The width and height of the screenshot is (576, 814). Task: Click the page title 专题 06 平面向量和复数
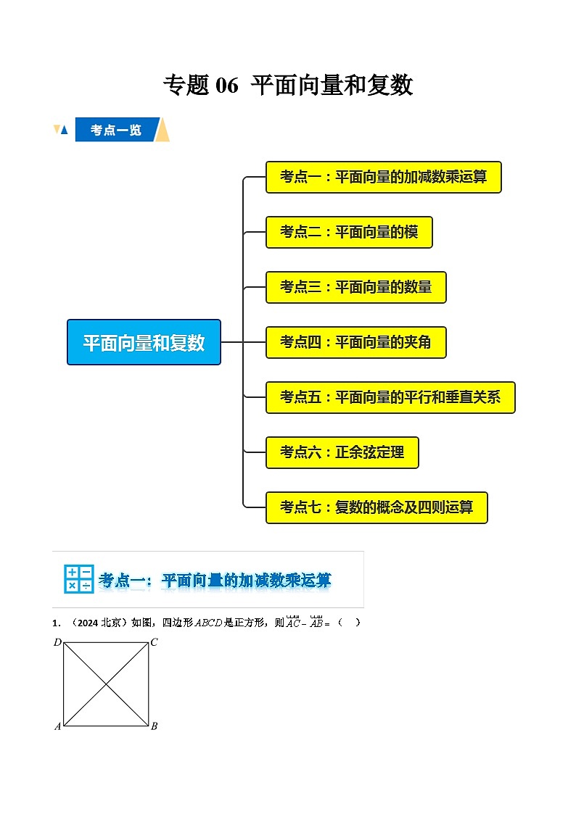pos(288,86)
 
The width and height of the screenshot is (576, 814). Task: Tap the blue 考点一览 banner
pos(116,130)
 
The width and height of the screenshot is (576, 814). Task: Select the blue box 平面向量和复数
pos(144,342)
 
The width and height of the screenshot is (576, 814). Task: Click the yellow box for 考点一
pos(383,177)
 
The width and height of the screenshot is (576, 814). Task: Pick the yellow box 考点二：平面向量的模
pos(349,232)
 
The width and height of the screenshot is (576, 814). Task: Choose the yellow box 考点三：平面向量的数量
pos(355,287)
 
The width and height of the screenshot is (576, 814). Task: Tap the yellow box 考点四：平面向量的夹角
pos(355,342)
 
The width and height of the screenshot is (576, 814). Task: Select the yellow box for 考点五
pos(390,397)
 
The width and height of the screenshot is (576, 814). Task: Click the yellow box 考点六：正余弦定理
pos(342,452)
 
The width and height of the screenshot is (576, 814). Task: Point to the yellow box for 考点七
pos(377,507)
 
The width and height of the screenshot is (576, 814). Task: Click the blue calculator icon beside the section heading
pos(78,579)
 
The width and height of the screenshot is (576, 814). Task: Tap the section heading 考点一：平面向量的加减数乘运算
pos(215,580)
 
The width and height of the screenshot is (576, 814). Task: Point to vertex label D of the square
pos(57,642)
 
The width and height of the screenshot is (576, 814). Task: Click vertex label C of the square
pos(155,642)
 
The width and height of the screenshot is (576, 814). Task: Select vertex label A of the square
pos(57,726)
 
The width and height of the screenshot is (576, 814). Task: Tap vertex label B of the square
pos(155,726)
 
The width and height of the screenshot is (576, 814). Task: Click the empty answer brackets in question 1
pos(348,623)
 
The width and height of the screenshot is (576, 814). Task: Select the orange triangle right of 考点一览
pos(163,130)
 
